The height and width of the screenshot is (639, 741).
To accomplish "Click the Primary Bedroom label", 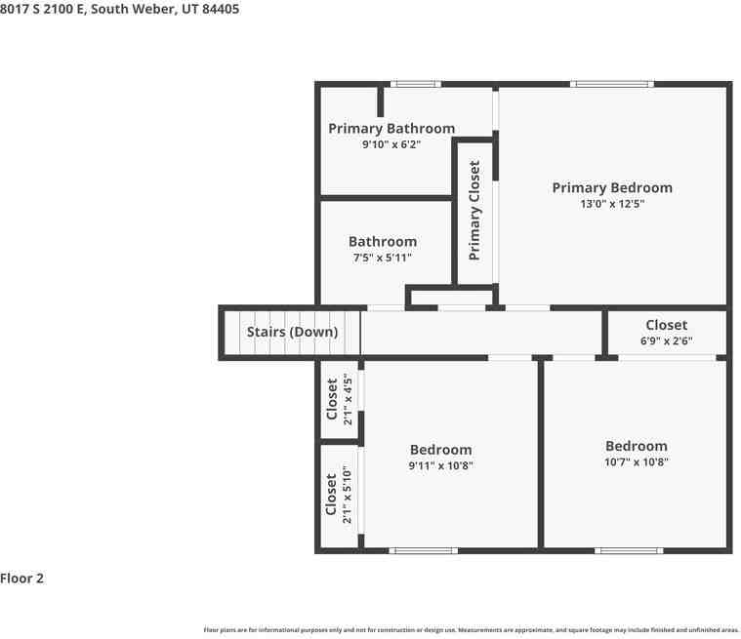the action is point(612,188).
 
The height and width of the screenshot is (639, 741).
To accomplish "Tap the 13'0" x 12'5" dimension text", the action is point(612,204).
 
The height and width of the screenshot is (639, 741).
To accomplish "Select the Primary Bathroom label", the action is point(391,129).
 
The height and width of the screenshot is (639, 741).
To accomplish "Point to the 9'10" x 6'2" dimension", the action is point(391,144).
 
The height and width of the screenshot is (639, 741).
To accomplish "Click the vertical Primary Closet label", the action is point(474,210).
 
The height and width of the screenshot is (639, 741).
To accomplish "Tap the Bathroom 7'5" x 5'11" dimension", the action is point(383,258).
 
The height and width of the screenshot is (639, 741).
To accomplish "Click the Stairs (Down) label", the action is point(292,332).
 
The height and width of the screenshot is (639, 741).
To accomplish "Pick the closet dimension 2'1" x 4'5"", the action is point(348,400).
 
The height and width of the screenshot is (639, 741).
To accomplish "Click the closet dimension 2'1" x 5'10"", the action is point(348,494).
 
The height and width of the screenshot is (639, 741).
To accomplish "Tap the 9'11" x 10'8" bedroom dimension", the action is point(440,465).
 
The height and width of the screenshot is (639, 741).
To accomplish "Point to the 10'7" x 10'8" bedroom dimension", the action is point(637,461).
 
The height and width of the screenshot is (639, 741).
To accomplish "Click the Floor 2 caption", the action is point(21,579).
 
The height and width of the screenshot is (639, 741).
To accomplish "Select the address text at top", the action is point(119,9).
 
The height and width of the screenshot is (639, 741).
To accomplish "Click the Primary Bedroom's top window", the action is point(612,84).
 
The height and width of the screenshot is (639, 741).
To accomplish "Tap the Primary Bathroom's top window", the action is point(416,84).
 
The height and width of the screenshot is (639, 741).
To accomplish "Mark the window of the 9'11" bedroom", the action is point(424,550).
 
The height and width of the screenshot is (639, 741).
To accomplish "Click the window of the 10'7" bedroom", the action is point(629,550).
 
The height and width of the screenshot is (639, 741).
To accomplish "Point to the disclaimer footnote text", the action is point(472,630).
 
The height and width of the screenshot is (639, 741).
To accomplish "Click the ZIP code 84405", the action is point(221,9).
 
